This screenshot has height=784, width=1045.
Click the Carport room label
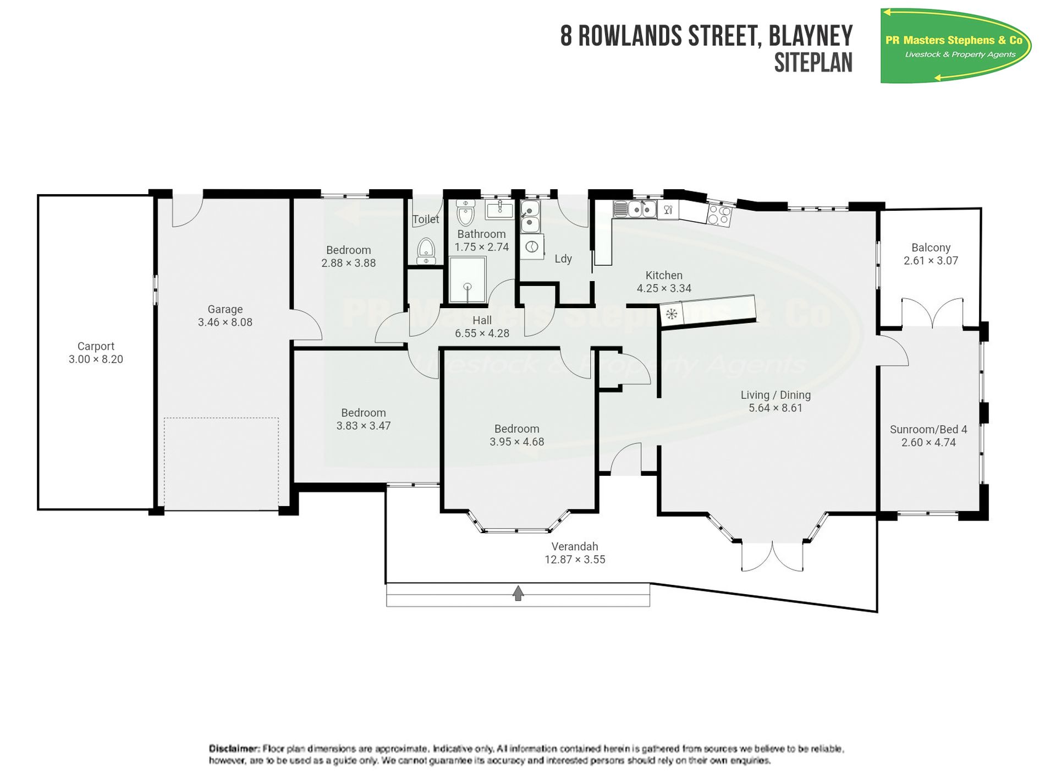[96, 346]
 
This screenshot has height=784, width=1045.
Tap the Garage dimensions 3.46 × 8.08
[225, 322]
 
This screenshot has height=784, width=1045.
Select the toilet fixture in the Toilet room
[426, 251]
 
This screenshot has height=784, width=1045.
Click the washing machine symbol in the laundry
[531, 247]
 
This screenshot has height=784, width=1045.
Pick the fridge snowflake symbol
[671, 314]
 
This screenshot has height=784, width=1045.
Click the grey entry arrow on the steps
[518, 593]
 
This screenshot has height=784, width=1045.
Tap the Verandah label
[575, 546]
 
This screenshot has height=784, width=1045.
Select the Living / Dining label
[776, 395]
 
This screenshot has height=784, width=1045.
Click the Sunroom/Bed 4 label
[928, 429]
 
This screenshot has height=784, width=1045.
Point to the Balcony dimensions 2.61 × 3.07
[931, 261]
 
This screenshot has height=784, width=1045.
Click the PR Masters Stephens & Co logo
[956, 45]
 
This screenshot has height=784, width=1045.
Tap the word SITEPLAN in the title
[813, 63]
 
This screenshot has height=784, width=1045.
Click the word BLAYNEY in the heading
[811, 36]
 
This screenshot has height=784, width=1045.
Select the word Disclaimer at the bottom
[234, 748]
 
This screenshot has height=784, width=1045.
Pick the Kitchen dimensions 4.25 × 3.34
[664, 288]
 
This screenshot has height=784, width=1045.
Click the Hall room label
[482, 320]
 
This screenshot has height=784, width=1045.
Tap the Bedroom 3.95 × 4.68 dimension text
[516, 442]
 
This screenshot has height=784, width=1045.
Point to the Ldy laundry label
[563, 259]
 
